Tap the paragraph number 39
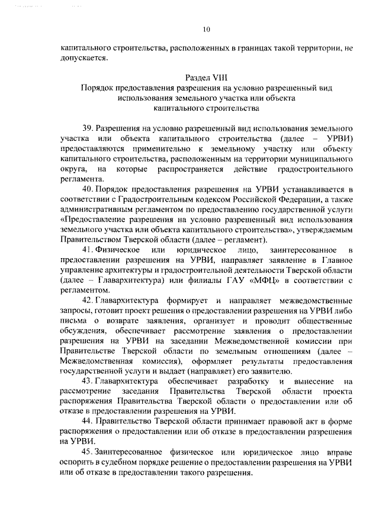88,128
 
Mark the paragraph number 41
88,252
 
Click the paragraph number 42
88,303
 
